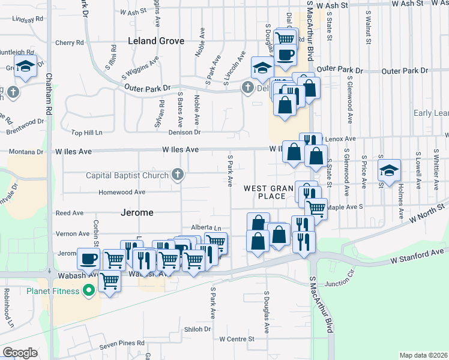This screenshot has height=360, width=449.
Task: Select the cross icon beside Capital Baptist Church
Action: point(177,175)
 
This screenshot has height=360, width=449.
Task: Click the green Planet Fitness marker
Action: point(89,292)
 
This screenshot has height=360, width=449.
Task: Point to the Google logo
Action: point(20,352)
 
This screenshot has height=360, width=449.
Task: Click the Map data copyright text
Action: point(423,355)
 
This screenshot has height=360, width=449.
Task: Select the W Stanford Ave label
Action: point(418,256)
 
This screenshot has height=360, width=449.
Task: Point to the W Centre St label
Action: point(237,339)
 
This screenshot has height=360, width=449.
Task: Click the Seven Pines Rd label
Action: point(122,343)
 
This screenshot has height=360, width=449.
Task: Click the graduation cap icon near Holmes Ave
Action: point(389,170)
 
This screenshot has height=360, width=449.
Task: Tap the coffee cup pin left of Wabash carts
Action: point(89,259)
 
